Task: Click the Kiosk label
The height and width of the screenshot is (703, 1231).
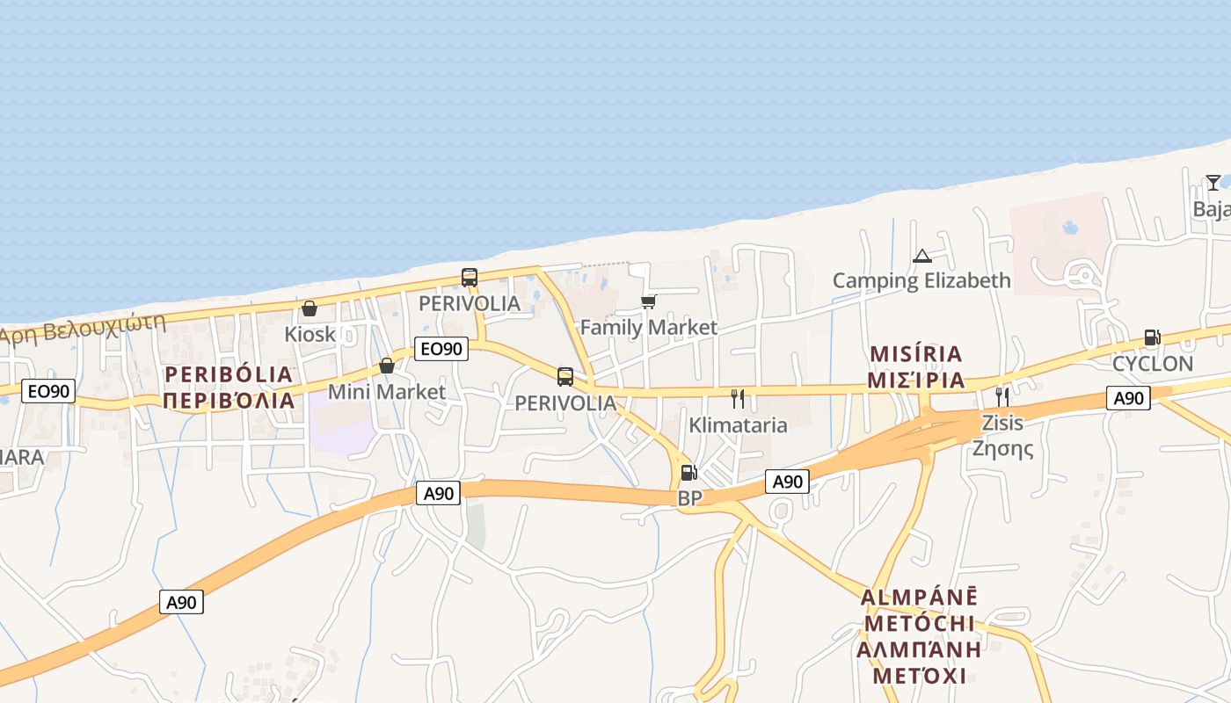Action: pos(310,334)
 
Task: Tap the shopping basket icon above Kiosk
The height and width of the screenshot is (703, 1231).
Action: pos(310,308)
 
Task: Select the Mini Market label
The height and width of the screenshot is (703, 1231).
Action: pos(386,391)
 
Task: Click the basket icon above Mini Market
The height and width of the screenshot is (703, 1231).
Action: pos(386,366)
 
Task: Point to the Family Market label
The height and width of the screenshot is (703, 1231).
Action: pos(648,328)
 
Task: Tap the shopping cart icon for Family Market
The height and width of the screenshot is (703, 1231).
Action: pos(648,302)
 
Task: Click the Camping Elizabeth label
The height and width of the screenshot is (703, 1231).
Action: pos(921,281)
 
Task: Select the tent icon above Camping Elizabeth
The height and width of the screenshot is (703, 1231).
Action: pos(921,256)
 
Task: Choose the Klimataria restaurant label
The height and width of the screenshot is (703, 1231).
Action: pos(738,425)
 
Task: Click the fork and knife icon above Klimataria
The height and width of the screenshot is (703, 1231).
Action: pos(738,399)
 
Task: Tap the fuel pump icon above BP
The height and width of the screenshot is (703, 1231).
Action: pos(689,473)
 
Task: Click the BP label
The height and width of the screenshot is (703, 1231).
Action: pos(689,498)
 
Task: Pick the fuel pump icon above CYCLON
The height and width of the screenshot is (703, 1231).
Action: pos(1152,337)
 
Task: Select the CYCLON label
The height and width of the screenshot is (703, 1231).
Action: pos(1152,364)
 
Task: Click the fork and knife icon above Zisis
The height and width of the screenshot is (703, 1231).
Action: pos(1002,396)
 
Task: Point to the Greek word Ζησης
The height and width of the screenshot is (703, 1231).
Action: pos(1002,448)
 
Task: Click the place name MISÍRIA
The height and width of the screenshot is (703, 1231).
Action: pos(916,354)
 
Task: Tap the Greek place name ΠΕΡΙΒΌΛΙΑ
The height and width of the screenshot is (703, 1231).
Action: pos(229,402)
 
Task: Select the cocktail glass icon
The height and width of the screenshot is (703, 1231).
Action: pos(1213,183)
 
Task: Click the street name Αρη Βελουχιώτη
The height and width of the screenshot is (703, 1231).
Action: pos(84,328)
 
